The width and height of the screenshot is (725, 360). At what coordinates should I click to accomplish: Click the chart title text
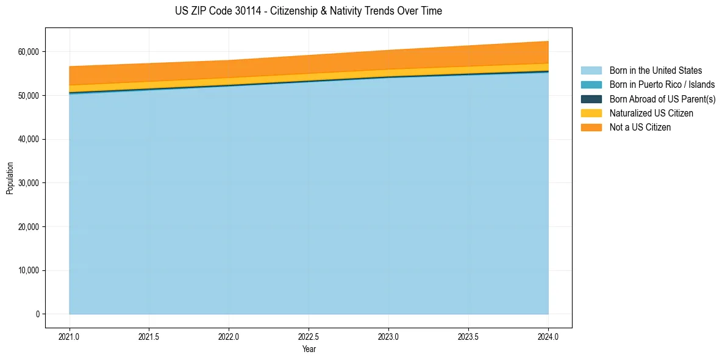pyautogui.click(x=308, y=11)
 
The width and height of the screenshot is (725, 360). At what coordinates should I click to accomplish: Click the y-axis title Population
pyautogui.click(x=10, y=178)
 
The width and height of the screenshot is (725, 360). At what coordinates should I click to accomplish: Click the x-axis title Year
pyautogui.click(x=309, y=349)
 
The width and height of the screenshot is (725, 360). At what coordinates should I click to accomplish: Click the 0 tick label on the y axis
pyautogui.click(x=37, y=314)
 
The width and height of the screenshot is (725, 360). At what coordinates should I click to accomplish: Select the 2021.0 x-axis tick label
pyautogui.click(x=70, y=336)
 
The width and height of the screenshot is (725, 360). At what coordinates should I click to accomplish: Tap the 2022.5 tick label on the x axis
pyautogui.click(x=309, y=336)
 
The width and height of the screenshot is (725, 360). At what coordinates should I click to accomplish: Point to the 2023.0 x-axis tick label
pyautogui.click(x=389, y=336)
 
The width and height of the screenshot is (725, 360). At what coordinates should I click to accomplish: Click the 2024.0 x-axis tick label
pyautogui.click(x=548, y=336)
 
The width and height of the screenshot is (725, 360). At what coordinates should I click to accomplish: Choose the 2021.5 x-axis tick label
pyautogui.click(x=149, y=336)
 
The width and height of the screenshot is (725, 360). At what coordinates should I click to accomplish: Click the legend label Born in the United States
pyautogui.click(x=655, y=71)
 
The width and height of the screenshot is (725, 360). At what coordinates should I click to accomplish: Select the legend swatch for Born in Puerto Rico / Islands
pyautogui.click(x=591, y=85)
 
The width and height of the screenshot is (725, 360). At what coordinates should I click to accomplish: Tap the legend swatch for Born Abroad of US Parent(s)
pyautogui.click(x=591, y=99)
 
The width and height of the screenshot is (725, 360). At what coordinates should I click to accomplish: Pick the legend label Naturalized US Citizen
pyautogui.click(x=651, y=113)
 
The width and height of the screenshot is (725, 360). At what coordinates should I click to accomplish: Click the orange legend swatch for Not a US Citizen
pyautogui.click(x=591, y=128)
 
